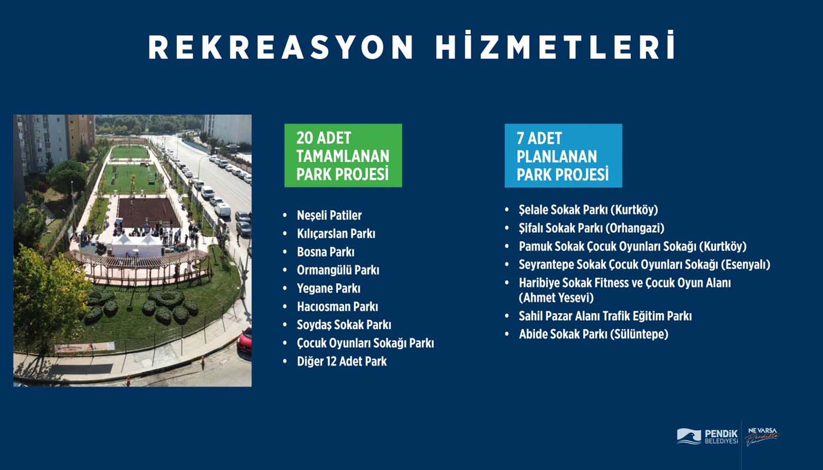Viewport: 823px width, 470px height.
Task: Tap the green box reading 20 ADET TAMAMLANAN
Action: point(343,156)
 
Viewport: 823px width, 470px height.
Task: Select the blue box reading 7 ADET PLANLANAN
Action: point(563,156)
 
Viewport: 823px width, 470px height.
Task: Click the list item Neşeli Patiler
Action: point(329,216)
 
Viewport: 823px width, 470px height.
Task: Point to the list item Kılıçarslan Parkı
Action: point(336,234)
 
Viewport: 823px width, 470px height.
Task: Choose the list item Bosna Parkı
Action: point(326,252)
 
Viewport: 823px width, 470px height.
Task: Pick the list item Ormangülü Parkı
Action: point(338,270)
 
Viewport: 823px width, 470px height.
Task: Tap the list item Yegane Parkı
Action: point(329,288)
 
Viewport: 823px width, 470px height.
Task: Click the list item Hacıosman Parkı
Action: point(337,307)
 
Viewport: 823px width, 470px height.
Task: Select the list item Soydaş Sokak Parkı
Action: point(344,325)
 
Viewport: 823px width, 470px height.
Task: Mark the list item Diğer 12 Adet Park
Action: point(342,361)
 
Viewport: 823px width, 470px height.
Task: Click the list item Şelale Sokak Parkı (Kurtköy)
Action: point(588,210)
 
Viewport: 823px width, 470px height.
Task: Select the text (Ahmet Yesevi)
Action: point(556,298)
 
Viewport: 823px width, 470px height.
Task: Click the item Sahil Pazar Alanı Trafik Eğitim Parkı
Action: point(605,316)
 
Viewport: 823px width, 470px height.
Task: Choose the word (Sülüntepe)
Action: point(639,334)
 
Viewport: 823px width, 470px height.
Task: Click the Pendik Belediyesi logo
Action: point(707,437)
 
